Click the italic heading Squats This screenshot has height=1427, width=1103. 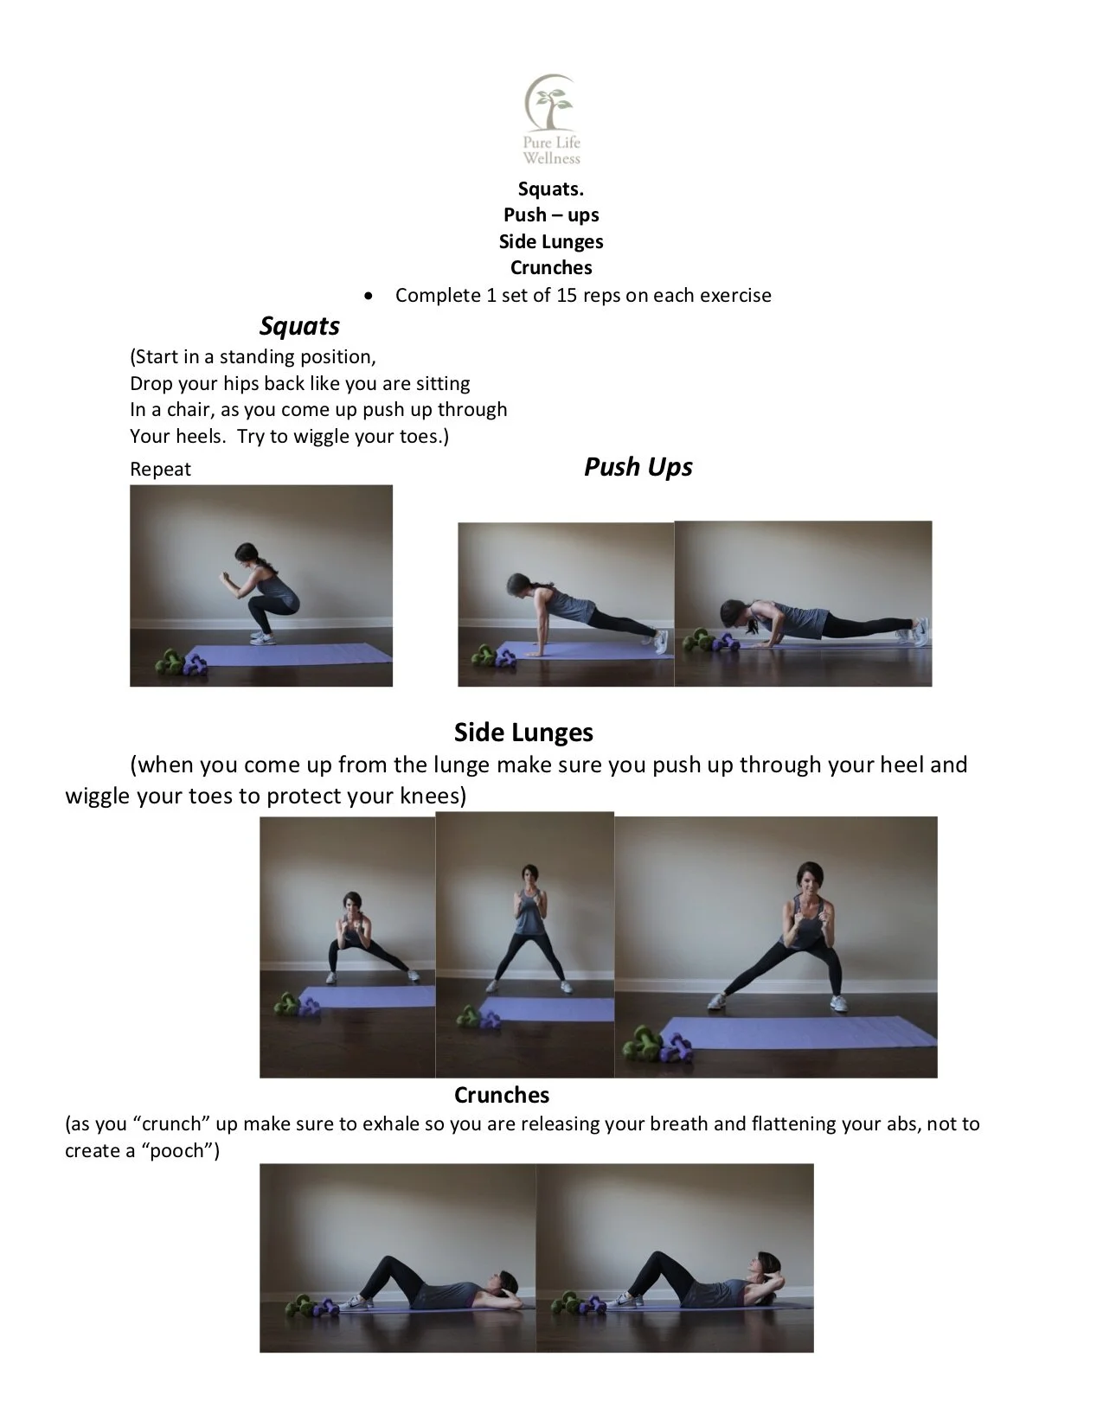point(299,326)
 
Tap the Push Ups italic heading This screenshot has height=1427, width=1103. point(638,467)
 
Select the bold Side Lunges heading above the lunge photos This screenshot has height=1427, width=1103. point(523,733)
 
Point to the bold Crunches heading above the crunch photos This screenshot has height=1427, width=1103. point(502,1095)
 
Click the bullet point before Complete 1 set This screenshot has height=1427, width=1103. point(369,296)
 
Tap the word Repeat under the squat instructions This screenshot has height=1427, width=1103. point(160,470)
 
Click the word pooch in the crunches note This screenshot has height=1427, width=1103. point(183,1151)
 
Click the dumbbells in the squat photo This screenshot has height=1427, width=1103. point(181,662)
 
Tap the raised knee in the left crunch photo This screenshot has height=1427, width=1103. point(391,1264)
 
